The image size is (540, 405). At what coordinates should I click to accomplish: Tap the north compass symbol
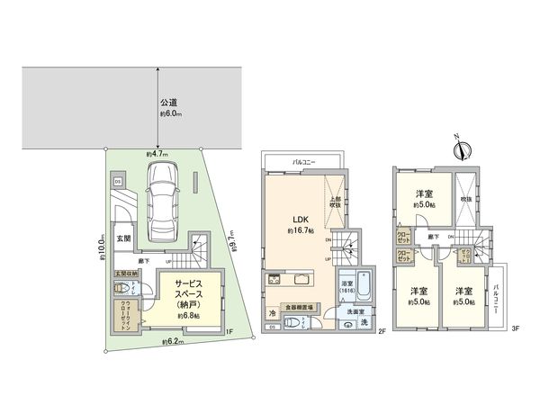coord(457,147)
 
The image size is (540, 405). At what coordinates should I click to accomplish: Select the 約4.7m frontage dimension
coord(158,155)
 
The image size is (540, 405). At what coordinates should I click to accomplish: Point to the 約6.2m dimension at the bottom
coord(171,342)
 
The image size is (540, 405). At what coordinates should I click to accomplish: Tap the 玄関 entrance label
coord(123,238)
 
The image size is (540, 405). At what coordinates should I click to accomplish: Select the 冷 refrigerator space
coord(273,313)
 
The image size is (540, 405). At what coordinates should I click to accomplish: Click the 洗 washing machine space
coord(364,321)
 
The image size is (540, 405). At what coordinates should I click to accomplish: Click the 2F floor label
coord(382,332)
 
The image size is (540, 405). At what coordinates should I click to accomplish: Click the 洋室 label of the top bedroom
coord(424,195)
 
